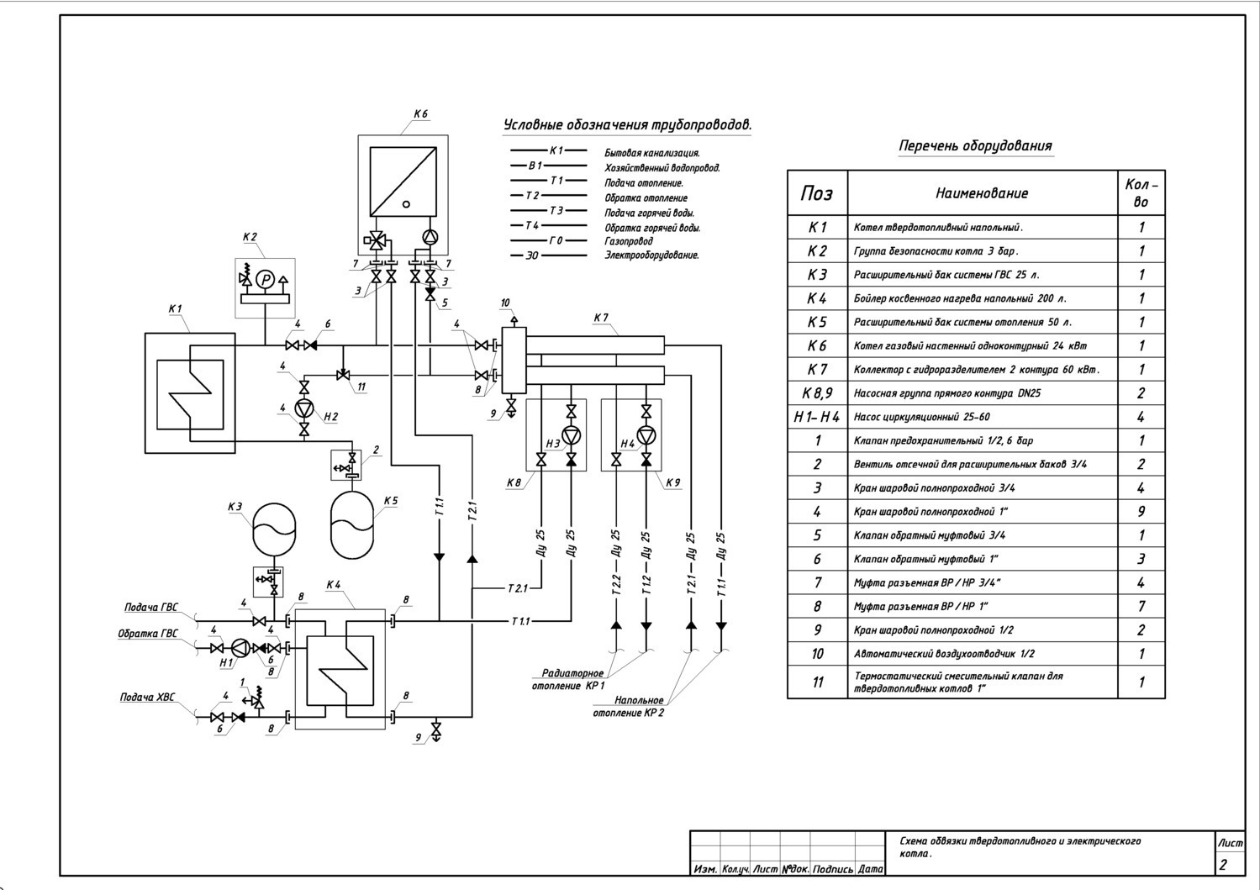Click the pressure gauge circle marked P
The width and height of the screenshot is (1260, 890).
click(265, 280)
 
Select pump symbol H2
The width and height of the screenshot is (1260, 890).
click(304, 409)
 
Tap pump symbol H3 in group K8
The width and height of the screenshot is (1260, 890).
click(571, 434)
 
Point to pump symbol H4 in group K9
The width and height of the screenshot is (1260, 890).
click(646, 434)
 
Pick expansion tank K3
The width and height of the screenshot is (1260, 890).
click(274, 529)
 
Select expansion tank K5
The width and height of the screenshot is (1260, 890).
click(351, 525)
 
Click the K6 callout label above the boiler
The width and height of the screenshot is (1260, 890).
click(420, 113)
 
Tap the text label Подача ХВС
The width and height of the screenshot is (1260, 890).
click(147, 697)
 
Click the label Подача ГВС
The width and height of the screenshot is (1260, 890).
click(150, 607)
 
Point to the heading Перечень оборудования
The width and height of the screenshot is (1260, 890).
click(975, 145)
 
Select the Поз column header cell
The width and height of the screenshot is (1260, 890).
click(817, 193)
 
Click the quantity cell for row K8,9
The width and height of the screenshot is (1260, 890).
click(1141, 392)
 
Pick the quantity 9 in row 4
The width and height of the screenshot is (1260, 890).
click(1141, 511)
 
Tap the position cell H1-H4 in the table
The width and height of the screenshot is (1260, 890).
click(817, 417)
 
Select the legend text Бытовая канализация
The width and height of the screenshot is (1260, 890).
click(652, 153)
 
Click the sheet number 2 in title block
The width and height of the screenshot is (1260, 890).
click(1223, 865)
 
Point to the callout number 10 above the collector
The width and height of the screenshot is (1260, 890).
click(504, 303)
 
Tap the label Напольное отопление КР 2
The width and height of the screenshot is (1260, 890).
click(628, 707)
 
